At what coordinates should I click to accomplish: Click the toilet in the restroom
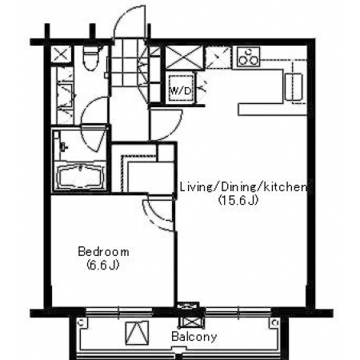click(x=90, y=58)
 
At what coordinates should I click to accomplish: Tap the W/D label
click(x=180, y=91)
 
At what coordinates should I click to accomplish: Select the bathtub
click(x=81, y=178)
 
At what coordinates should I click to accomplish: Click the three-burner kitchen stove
click(x=248, y=57)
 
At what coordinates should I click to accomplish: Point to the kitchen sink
click(x=294, y=87)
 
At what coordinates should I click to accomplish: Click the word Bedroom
click(x=103, y=252)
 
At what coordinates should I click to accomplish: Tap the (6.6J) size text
click(x=103, y=265)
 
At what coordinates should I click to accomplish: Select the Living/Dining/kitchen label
click(x=243, y=187)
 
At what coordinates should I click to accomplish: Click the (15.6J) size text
click(x=238, y=200)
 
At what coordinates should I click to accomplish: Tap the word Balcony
click(x=194, y=337)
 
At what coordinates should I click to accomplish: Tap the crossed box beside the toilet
click(x=62, y=54)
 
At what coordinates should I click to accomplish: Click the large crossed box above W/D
click(x=184, y=58)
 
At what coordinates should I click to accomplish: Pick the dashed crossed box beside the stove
click(x=218, y=58)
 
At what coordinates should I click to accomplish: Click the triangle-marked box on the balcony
click(x=137, y=333)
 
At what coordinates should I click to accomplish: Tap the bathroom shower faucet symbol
click(x=64, y=146)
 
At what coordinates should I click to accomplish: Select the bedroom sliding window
click(x=119, y=311)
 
